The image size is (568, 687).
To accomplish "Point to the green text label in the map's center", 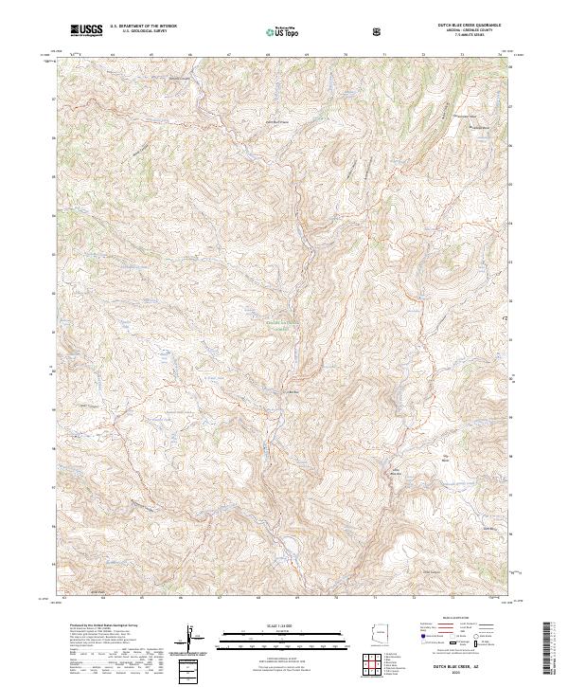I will click(x=284, y=325).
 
